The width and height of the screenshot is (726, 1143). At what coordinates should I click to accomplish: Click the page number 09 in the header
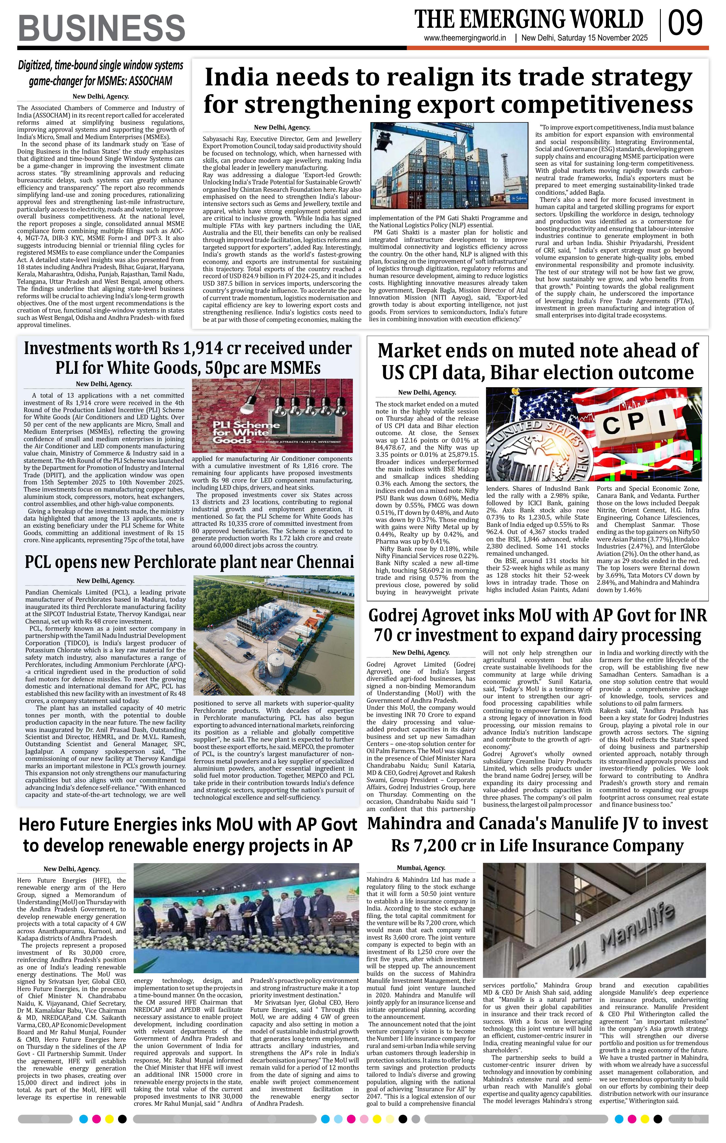click(x=685, y=24)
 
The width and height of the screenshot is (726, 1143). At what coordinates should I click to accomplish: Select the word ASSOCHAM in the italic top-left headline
click(x=147, y=81)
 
